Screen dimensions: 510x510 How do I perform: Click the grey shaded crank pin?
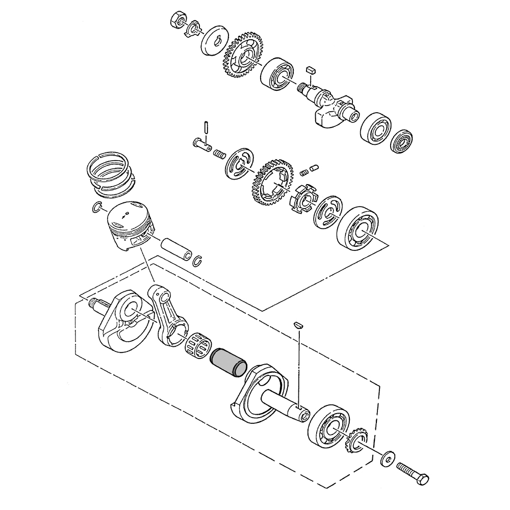coord(228,361)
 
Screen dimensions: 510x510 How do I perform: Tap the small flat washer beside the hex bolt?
coord(389,458)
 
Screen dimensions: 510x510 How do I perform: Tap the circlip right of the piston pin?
coord(198,261)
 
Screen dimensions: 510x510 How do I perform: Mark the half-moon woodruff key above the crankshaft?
coord(299,324)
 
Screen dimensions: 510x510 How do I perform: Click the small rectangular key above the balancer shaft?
coord(312,68)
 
